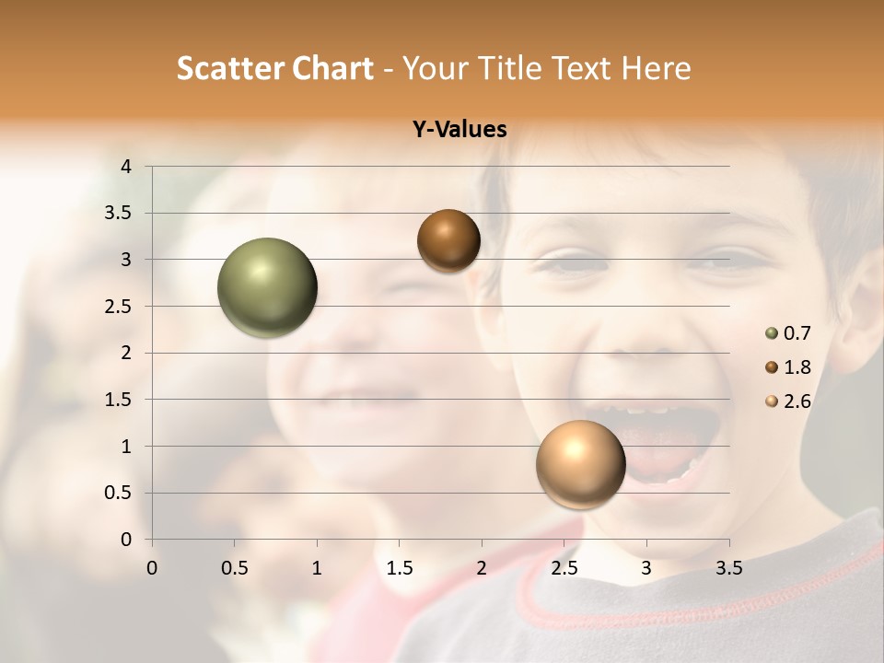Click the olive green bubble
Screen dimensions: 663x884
coord(267,287)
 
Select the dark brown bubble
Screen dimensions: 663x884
coord(448,240)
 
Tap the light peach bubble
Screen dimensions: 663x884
coord(580,464)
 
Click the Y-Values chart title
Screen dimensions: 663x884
coord(459,130)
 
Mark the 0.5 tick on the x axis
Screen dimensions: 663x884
coord(235,568)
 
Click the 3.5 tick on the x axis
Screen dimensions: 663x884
coord(728,568)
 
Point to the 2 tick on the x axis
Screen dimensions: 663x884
coord(482,568)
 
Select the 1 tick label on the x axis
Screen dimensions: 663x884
coord(317,568)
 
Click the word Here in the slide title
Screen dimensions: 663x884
coord(657,68)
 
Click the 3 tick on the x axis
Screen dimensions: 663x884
coord(646,568)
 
